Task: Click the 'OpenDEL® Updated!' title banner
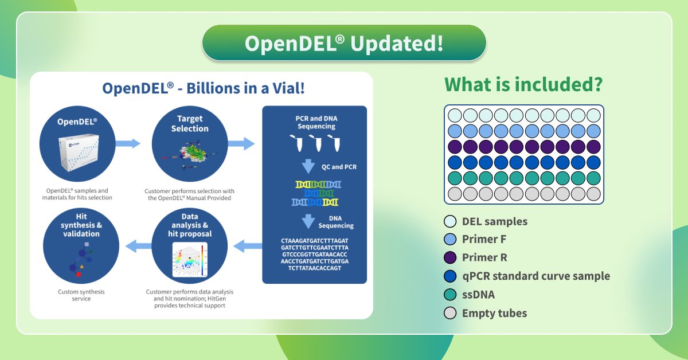344,44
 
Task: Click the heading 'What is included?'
523,85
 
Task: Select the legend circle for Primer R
451,257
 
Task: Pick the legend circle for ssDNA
451,294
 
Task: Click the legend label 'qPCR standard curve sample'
535,276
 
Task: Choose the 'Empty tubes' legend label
494,313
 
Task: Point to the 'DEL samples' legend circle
451,221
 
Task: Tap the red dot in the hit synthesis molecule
79,275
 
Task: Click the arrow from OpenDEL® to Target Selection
127,143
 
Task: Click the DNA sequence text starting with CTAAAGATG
314,253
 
